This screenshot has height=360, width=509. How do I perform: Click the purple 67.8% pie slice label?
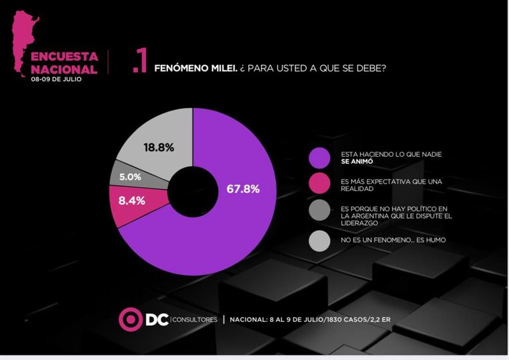[x=243, y=188]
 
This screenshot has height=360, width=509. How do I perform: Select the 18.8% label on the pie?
[x=159, y=147]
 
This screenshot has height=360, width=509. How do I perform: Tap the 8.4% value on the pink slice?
[x=132, y=199]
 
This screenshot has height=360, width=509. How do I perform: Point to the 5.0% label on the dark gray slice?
[x=130, y=177]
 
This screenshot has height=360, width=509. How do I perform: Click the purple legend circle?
[x=319, y=158]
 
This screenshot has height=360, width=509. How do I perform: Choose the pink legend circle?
[x=319, y=184]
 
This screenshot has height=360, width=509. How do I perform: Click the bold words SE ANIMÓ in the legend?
[x=356, y=162]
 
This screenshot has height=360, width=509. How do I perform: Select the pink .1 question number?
[x=139, y=62]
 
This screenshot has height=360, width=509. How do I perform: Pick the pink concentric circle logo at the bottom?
[x=129, y=319]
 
